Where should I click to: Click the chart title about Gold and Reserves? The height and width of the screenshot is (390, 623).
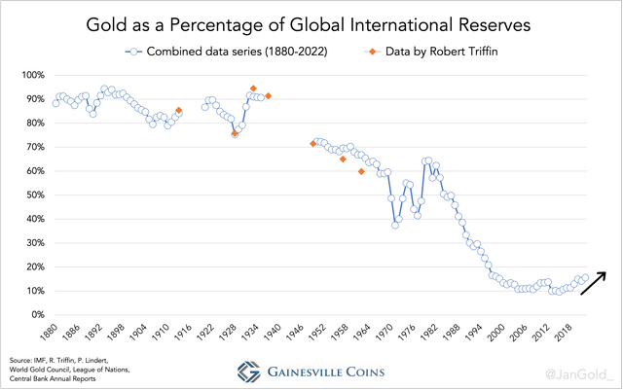(311, 21)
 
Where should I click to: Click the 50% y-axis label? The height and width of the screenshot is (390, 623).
(34, 195)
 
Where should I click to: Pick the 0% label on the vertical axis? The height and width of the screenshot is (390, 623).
(37, 314)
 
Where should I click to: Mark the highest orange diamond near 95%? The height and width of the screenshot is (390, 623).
(253, 89)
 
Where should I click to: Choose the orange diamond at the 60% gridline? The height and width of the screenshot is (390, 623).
(361, 171)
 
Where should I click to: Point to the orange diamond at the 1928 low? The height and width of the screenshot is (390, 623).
(235, 134)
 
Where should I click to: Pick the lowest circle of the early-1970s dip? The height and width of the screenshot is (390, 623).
(395, 225)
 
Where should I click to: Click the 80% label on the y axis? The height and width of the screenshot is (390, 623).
(34, 123)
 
